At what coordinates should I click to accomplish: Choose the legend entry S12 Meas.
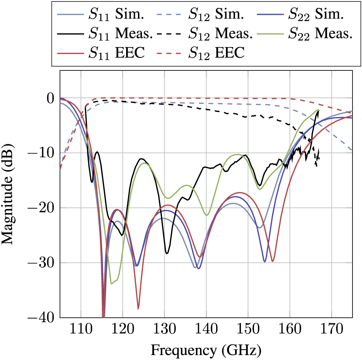click(x=206, y=34)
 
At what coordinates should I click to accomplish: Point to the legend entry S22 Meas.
click(x=305, y=34)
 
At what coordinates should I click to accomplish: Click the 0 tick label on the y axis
click(x=51, y=99)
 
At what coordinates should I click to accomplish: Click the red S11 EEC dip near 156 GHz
click(x=272, y=261)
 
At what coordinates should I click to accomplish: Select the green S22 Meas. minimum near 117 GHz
click(x=112, y=283)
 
